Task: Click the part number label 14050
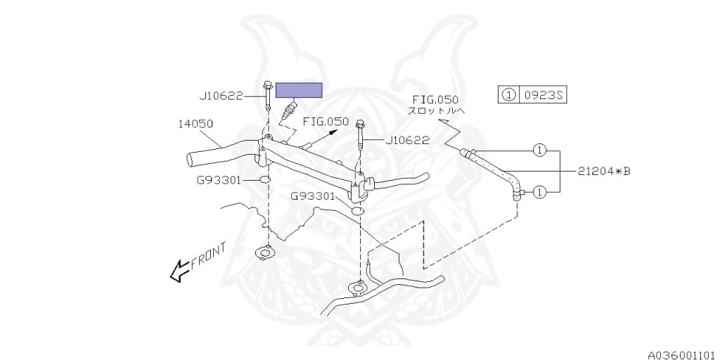click(195, 124)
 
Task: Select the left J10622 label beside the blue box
click(222, 96)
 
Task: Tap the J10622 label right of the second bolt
click(407, 140)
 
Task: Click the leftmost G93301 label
click(219, 180)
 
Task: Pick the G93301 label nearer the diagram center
click(313, 196)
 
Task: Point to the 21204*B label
click(604, 170)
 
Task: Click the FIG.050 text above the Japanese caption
click(436, 99)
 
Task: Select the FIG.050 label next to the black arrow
click(326, 122)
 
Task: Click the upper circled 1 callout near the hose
click(539, 150)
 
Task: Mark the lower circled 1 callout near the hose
click(539, 191)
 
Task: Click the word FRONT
click(208, 255)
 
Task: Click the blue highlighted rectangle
click(299, 90)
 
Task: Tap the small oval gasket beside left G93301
click(266, 181)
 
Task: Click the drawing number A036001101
click(680, 353)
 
